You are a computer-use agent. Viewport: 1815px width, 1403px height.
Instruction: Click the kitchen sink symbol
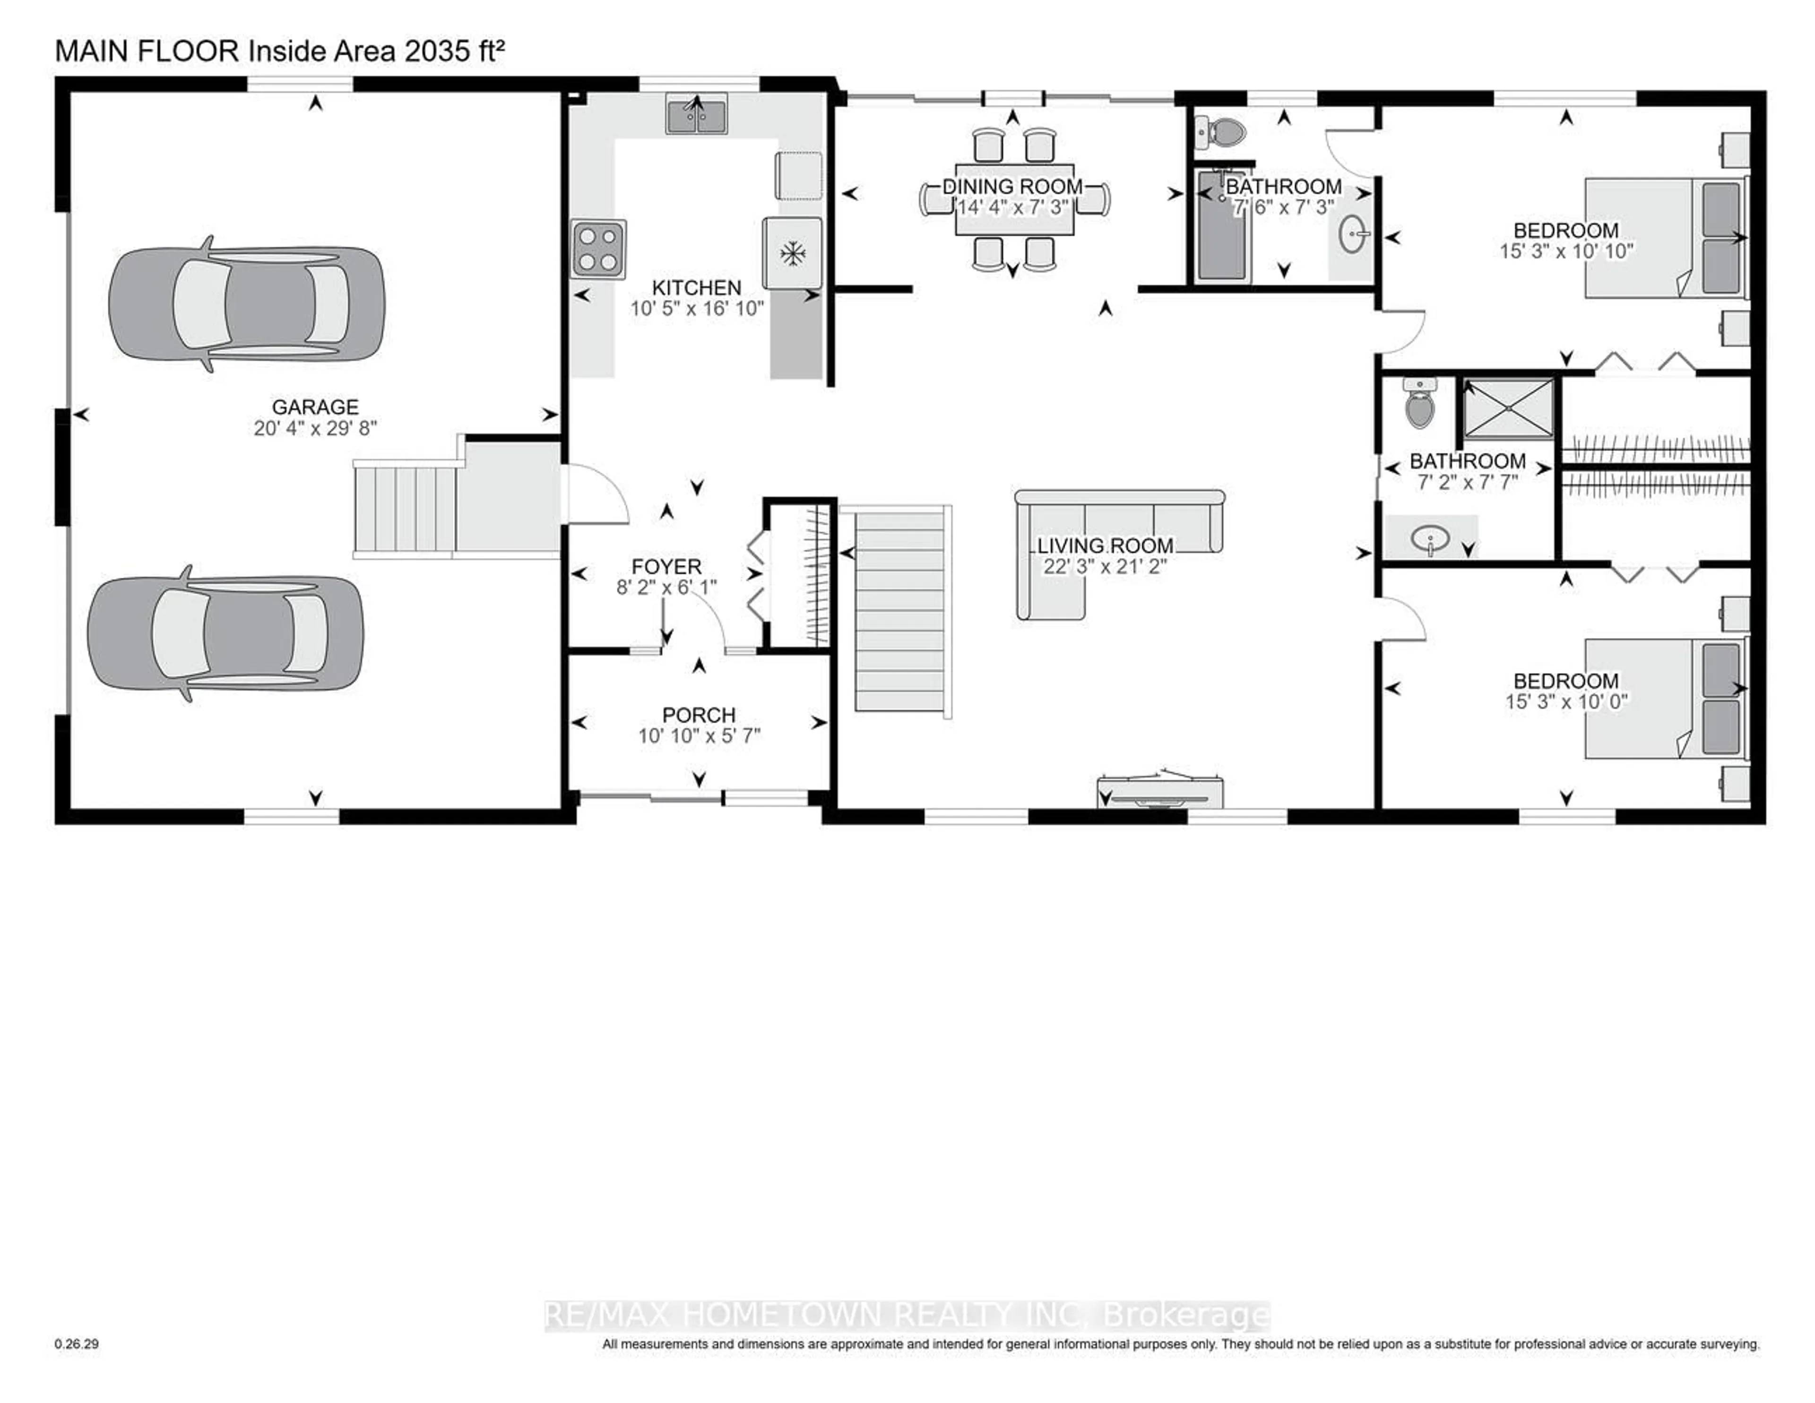coord(696,114)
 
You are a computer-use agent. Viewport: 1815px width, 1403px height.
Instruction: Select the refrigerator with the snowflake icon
coord(793,253)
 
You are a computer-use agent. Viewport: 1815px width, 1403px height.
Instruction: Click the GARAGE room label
coord(315,407)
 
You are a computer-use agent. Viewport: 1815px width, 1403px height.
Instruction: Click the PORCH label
coord(699,715)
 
